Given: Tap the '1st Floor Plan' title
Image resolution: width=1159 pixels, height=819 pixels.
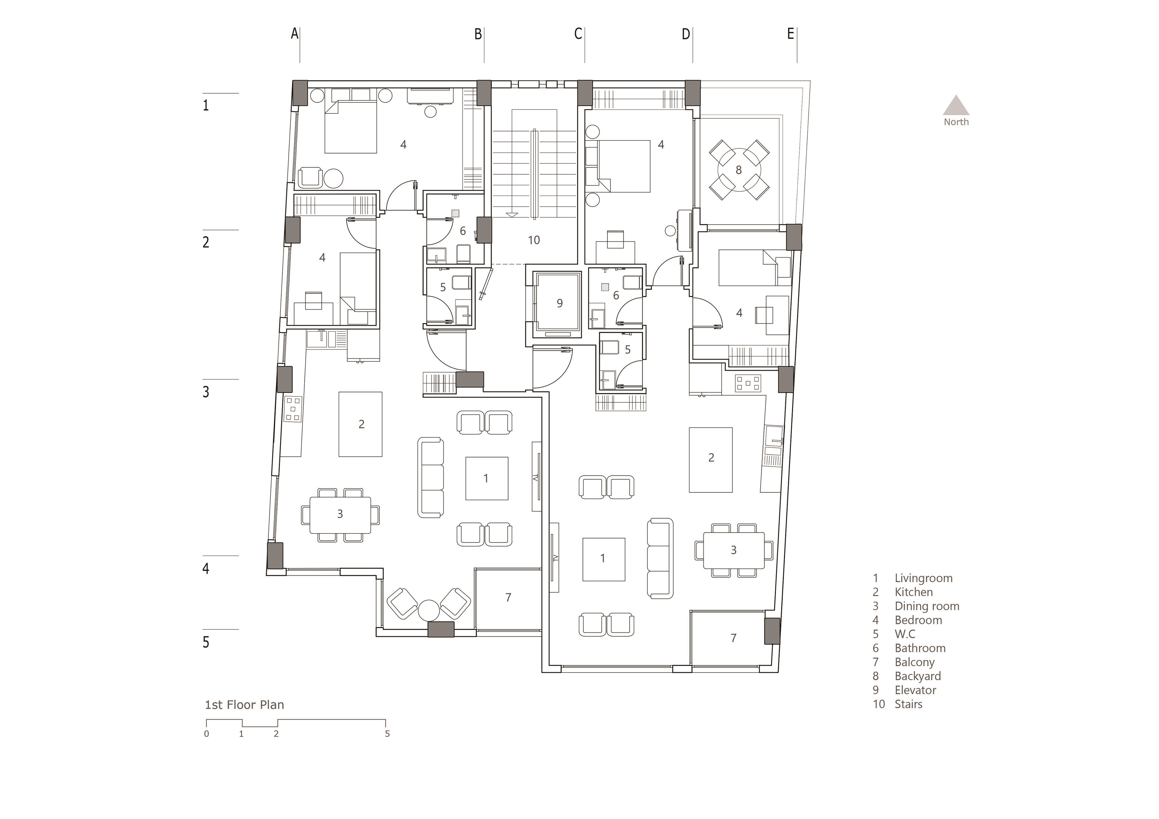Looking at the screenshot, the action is click(x=244, y=705).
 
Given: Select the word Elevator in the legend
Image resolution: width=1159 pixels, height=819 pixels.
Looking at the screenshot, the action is click(x=915, y=690).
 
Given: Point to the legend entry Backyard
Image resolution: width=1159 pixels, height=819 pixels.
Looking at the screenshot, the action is click(x=918, y=676).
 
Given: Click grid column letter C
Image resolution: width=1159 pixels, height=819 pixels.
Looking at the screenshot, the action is click(x=579, y=34).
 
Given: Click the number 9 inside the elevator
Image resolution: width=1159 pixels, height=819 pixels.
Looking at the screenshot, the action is click(x=559, y=303).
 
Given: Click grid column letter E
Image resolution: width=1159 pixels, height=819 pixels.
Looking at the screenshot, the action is click(x=790, y=34).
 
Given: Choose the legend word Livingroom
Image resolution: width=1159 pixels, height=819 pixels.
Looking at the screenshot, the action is click(x=924, y=578).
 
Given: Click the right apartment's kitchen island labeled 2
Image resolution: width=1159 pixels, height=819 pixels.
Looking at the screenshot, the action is click(x=711, y=460).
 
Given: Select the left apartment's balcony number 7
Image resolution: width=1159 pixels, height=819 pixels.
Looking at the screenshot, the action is click(x=508, y=597).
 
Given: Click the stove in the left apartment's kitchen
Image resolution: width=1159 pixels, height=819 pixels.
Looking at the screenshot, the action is click(x=293, y=409).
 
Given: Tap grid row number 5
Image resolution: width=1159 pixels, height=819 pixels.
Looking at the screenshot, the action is click(x=206, y=642).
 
